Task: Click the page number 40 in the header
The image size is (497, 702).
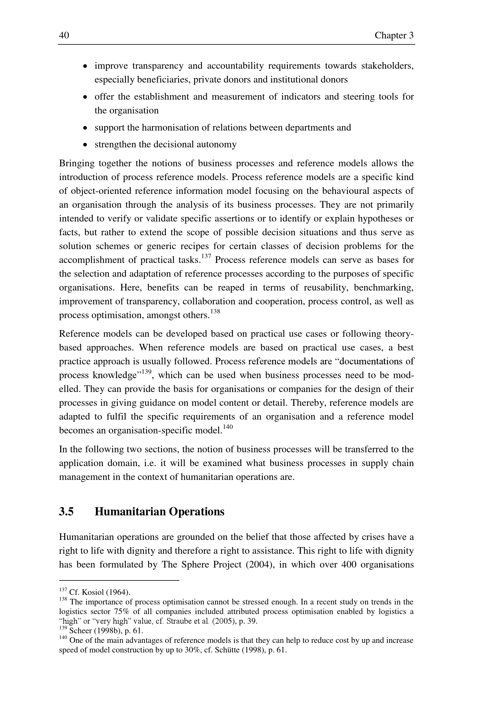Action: pos(64,35)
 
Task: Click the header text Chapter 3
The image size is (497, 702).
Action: pos(394,35)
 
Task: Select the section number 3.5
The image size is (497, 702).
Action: pos(66,511)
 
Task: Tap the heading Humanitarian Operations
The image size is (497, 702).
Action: pos(160,511)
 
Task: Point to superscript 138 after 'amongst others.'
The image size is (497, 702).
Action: pos(215,312)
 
